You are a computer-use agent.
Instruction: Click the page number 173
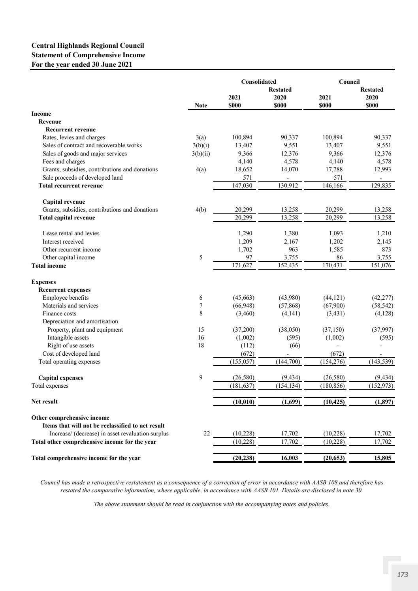402,574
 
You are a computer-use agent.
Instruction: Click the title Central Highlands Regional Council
88,46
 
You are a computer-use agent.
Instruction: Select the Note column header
201,105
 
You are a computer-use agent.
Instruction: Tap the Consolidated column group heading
258,82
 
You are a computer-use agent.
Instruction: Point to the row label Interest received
63,242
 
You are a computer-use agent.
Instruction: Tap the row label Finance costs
59,313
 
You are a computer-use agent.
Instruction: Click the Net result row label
44,402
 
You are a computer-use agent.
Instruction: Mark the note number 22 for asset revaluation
207,433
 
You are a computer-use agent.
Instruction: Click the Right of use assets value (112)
247,345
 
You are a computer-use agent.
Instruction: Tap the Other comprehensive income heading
70,418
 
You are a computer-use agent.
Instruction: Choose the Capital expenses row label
60,378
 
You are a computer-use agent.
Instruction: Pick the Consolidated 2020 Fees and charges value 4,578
291,161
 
